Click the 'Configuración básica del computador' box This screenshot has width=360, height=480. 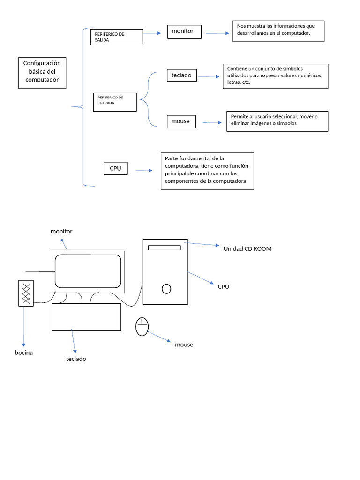[x=42, y=73]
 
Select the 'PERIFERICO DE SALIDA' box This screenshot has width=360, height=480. [x=116, y=37]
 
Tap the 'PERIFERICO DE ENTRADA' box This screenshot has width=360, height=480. [x=115, y=102]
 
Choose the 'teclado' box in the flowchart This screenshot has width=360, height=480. [x=181, y=75]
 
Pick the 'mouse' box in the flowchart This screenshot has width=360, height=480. [x=181, y=121]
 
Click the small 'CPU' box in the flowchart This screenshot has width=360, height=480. [x=115, y=168]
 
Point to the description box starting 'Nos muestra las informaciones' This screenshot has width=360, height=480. [x=278, y=31]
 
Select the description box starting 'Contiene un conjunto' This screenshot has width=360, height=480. [x=275, y=76]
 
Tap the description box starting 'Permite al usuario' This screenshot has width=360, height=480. [x=277, y=121]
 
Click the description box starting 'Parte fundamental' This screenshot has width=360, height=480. [x=207, y=171]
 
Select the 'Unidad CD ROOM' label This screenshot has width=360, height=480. [x=247, y=249]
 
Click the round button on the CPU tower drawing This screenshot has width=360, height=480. [x=166, y=289]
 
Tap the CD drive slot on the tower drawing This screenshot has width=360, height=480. [x=164, y=247]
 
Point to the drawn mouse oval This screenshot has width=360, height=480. [x=142, y=327]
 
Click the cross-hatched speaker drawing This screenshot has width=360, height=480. [x=26, y=293]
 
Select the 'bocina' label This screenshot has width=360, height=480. [x=23, y=352]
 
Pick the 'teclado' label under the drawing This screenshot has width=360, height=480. [x=76, y=359]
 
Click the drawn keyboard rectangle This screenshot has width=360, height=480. [x=86, y=316]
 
